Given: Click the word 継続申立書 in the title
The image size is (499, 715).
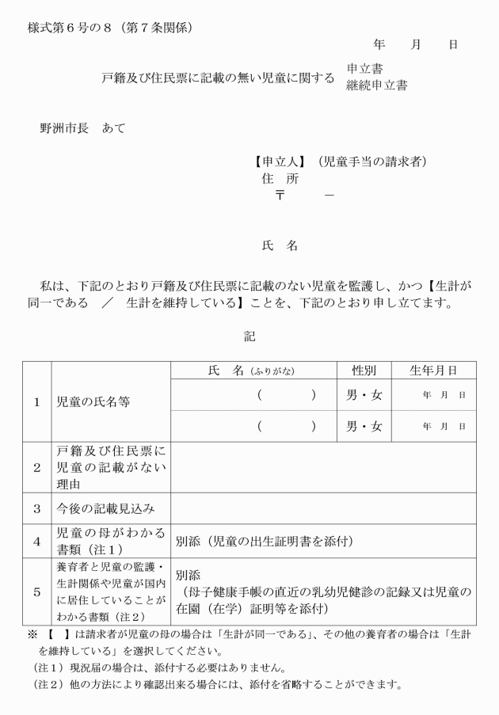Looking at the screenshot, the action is click(376, 86).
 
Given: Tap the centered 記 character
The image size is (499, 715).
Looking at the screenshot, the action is click(249, 337).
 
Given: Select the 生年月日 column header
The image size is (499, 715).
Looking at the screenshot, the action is click(433, 371).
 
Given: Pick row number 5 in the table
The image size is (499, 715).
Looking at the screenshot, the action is click(36, 591).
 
